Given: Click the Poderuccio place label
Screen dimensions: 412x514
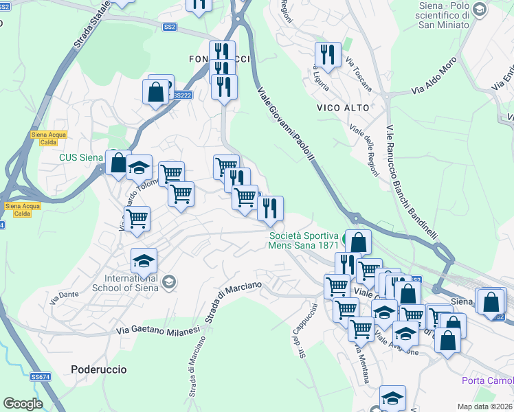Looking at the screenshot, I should click(99, 369).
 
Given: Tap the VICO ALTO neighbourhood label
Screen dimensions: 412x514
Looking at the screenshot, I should click(343, 108).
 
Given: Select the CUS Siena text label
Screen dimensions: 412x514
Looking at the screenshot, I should click(80, 157).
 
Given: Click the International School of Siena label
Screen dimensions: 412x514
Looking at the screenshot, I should click(131, 283).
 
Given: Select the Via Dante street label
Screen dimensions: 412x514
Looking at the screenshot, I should click(64, 297).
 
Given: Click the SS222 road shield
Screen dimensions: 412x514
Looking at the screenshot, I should click(182, 95).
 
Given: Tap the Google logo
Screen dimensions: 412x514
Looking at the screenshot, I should click(23, 403).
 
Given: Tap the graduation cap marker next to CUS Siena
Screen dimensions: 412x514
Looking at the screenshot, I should click(139, 167).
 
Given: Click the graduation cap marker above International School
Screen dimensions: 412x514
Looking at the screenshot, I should click(144, 261).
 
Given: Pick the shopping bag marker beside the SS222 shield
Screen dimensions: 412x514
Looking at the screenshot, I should click(155, 91).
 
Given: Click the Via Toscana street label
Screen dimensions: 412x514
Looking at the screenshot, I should click(359, 75).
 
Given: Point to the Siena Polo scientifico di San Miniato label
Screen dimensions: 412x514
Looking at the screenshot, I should click(443, 16).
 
